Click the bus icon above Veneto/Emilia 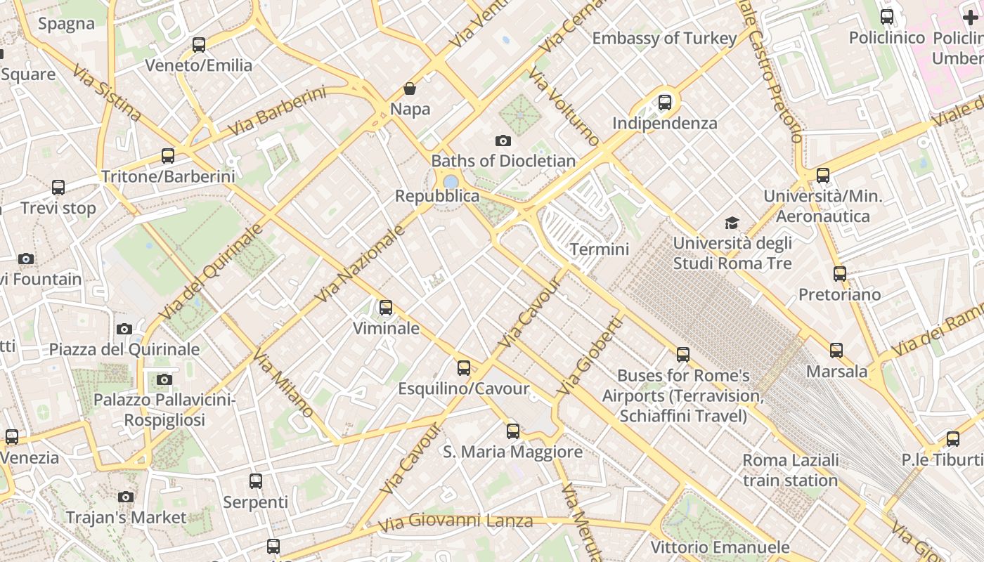pyautogui.click(x=199, y=45)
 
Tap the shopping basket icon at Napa pyautogui.click(x=410, y=89)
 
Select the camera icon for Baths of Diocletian pyautogui.click(x=503, y=140)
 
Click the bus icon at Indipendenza pyautogui.click(x=665, y=103)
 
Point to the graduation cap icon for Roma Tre pyautogui.click(x=732, y=223)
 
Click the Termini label pyautogui.click(x=600, y=249)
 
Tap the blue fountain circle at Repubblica pyautogui.click(x=451, y=182)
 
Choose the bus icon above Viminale pyautogui.click(x=386, y=308)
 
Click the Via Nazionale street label pyautogui.click(x=360, y=264)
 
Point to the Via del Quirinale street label pyautogui.click(x=211, y=271)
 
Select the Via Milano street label pyautogui.click(x=283, y=382)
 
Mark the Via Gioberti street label pyautogui.click(x=590, y=355)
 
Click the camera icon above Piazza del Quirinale pyautogui.click(x=124, y=329)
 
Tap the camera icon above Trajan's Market pyautogui.click(x=126, y=497)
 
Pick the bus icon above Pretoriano pyautogui.click(x=840, y=274)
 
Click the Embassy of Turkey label pyautogui.click(x=664, y=38)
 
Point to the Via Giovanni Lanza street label pyautogui.click(x=455, y=522)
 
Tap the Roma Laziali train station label pyautogui.click(x=791, y=471)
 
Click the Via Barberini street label pyautogui.click(x=277, y=112)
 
